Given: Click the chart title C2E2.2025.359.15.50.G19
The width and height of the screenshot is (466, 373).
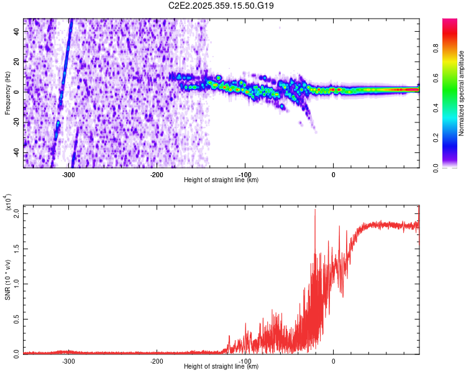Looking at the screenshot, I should click(x=222, y=6).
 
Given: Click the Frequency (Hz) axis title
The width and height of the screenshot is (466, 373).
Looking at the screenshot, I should click(x=8, y=93).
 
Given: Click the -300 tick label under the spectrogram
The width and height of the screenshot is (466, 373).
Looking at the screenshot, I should click(x=68, y=175).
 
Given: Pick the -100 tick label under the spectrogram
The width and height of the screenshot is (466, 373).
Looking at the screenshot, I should click(x=245, y=175).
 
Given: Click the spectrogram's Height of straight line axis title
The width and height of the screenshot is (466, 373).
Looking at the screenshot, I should click(x=221, y=180).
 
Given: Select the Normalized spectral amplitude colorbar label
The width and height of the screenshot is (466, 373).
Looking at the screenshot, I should click(x=462, y=93).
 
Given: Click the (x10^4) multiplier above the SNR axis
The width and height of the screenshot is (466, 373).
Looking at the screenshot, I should click(x=8, y=203).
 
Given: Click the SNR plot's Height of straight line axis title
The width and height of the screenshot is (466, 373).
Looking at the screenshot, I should click(x=221, y=367).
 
